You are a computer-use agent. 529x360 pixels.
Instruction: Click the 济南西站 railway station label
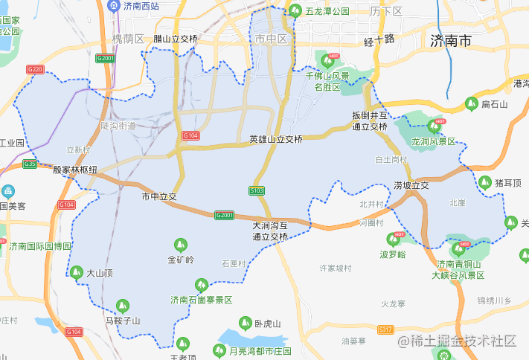[141, 6]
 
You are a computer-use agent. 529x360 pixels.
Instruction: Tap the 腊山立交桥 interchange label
[176, 39]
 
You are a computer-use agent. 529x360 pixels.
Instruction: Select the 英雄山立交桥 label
[276, 139]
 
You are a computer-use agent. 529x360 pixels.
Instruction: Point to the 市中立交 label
[159, 197]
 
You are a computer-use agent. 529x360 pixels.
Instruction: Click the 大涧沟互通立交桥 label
[270, 231]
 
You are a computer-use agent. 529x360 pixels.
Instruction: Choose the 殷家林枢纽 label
[74, 170]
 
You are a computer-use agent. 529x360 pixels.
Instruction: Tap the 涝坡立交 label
[411, 185]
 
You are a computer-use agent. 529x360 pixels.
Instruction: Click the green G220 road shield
[35, 70]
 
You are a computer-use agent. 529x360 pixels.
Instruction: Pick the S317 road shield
[385, 330]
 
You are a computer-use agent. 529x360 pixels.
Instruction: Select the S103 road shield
[257, 191]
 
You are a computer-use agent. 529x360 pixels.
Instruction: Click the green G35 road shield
[30, 164]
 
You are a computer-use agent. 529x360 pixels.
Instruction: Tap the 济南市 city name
[451, 41]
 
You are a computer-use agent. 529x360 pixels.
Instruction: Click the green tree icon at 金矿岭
[180, 244]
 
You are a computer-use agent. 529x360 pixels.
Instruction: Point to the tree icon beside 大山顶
[76, 273]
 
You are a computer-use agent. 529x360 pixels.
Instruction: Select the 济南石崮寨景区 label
[201, 300]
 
